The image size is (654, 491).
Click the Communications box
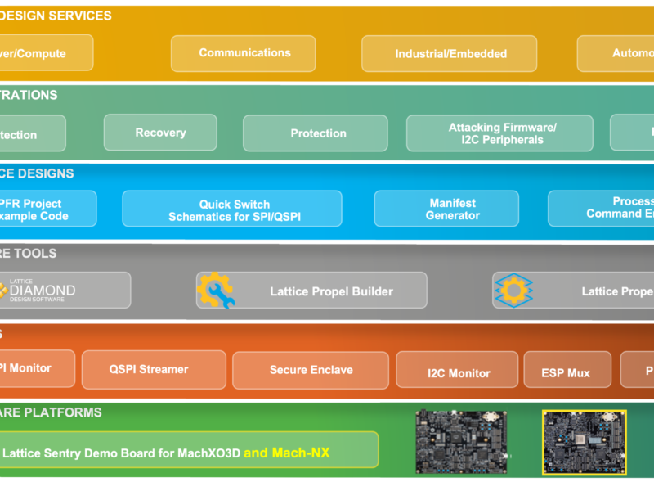(243, 53)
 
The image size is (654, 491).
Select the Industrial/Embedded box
(450, 54)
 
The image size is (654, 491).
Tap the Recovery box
(160, 133)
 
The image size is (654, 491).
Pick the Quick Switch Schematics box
(232, 209)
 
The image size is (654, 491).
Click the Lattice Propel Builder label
(331, 291)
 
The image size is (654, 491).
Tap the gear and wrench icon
(216, 291)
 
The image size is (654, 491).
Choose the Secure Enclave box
(311, 370)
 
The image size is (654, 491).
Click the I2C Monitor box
(457, 372)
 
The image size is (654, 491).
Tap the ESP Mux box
(567, 372)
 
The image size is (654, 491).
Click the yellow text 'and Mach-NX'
(286, 452)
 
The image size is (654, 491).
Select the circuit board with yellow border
(585, 443)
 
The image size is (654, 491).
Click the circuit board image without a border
(462, 443)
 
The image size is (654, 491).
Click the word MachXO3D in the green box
(208, 453)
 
